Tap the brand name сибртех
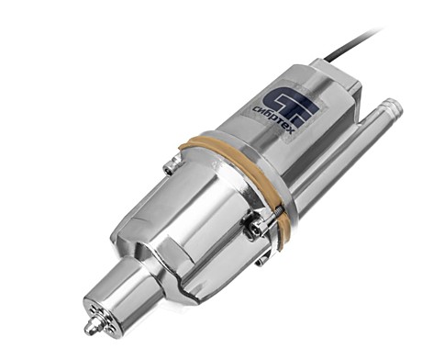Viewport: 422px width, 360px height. coord(274,120)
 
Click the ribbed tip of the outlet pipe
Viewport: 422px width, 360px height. coord(393,106)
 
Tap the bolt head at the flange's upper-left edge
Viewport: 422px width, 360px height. coord(169,168)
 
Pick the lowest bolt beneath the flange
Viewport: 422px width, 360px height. coord(261,261)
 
